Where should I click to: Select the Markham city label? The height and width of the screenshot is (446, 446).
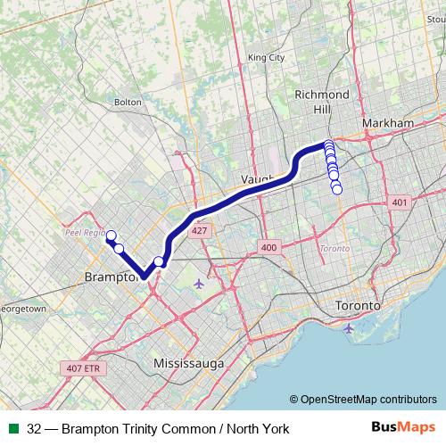(389, 122)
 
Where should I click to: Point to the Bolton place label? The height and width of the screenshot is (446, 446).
(128, 102)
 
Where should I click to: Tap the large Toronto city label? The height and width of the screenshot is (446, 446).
(358, 306)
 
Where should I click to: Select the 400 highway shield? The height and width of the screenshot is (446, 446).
(268, 246)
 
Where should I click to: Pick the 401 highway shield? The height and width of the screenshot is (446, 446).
(398, 203)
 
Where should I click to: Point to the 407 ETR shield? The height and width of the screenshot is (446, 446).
(86, 367)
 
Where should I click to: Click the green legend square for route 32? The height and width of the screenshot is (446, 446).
(12, 428)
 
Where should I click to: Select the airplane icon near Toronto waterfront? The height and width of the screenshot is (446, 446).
(347, 328)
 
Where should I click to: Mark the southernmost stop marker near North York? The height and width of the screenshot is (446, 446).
(337, 189)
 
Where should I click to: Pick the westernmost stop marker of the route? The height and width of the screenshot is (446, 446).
(111, 236)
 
